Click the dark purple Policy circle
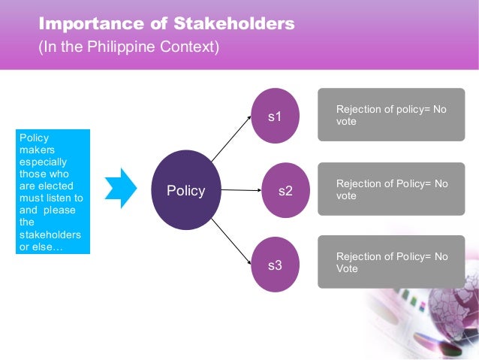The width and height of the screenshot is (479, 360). click(185, 191)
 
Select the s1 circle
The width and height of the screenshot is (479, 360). click(276, 116)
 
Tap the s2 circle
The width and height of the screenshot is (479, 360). click(285, 191)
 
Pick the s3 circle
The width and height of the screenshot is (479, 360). click(276, 265)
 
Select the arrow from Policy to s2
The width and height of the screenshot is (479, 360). click(240, 190)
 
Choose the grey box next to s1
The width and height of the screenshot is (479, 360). click(391, 114)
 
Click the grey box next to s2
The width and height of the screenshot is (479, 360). click(391, 189)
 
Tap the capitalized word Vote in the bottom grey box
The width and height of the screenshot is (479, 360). click(347, 268)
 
